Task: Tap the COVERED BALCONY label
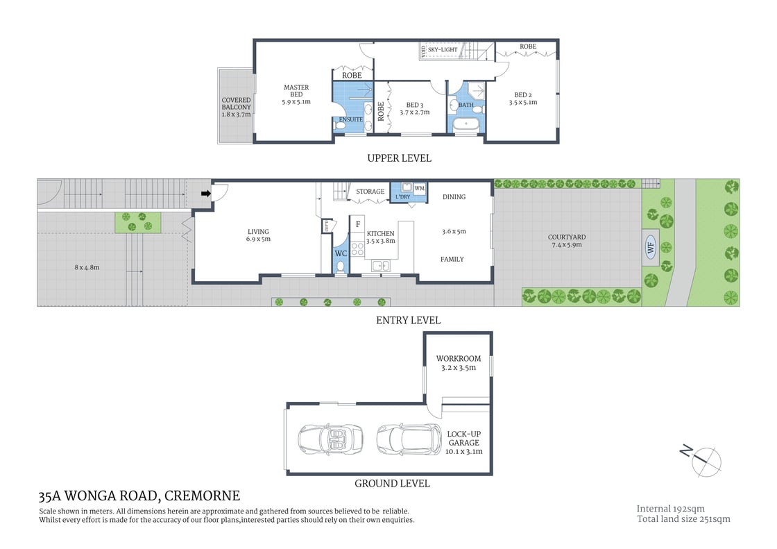236,107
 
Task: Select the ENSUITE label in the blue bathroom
350,119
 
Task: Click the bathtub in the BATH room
466,126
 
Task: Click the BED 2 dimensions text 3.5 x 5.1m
523,103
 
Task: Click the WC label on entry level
341,253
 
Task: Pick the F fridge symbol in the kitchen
358,224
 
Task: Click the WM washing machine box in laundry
419,188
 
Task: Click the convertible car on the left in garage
326,438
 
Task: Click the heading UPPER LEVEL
399,158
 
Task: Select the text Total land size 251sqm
683,518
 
